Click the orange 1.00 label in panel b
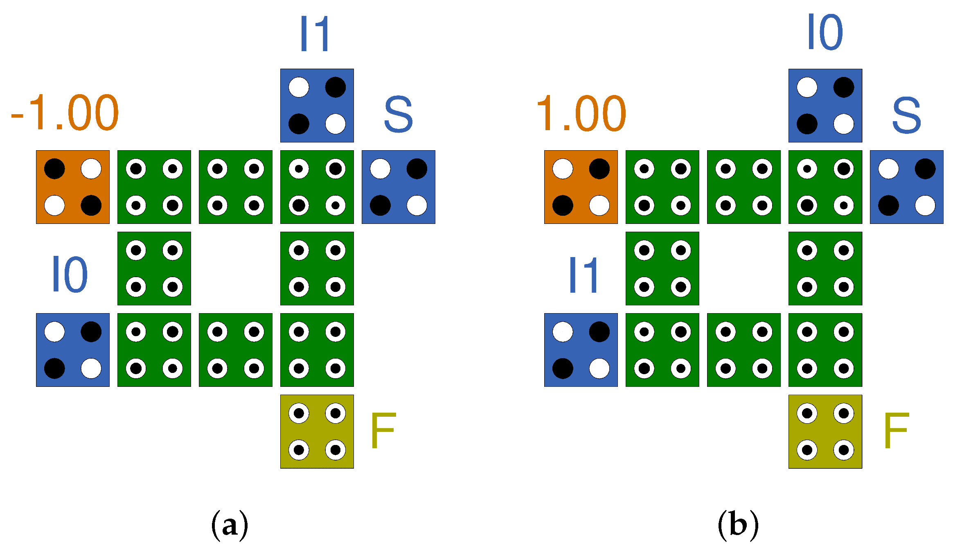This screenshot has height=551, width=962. [x=581, y=113]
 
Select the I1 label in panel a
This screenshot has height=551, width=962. [x=315, y=34]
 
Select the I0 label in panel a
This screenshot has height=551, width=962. [x=70, y=274]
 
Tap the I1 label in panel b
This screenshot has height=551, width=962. [x=584, y=275]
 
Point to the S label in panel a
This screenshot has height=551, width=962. [x=398, y=114]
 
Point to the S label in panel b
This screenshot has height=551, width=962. [x=906, y=115]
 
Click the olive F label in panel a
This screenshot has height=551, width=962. [x=383, y=431]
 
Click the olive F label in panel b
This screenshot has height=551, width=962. [x=896, y=431]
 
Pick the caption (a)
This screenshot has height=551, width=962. [x=230, y=525]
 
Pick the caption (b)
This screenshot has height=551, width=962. [x=738, y=525]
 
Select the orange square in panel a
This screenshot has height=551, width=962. [x=73, y=187]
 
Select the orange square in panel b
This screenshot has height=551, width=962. [x=581, y=187]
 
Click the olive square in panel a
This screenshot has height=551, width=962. [x=317, y=431]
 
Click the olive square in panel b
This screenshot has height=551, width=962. [x=825, y=431]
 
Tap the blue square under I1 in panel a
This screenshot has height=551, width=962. [x=317, y=106]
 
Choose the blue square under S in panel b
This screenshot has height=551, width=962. [x=907, y=187]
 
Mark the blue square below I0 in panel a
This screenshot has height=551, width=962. [x=73, y=350]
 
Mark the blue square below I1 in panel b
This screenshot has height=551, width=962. [x=581, y=350]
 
